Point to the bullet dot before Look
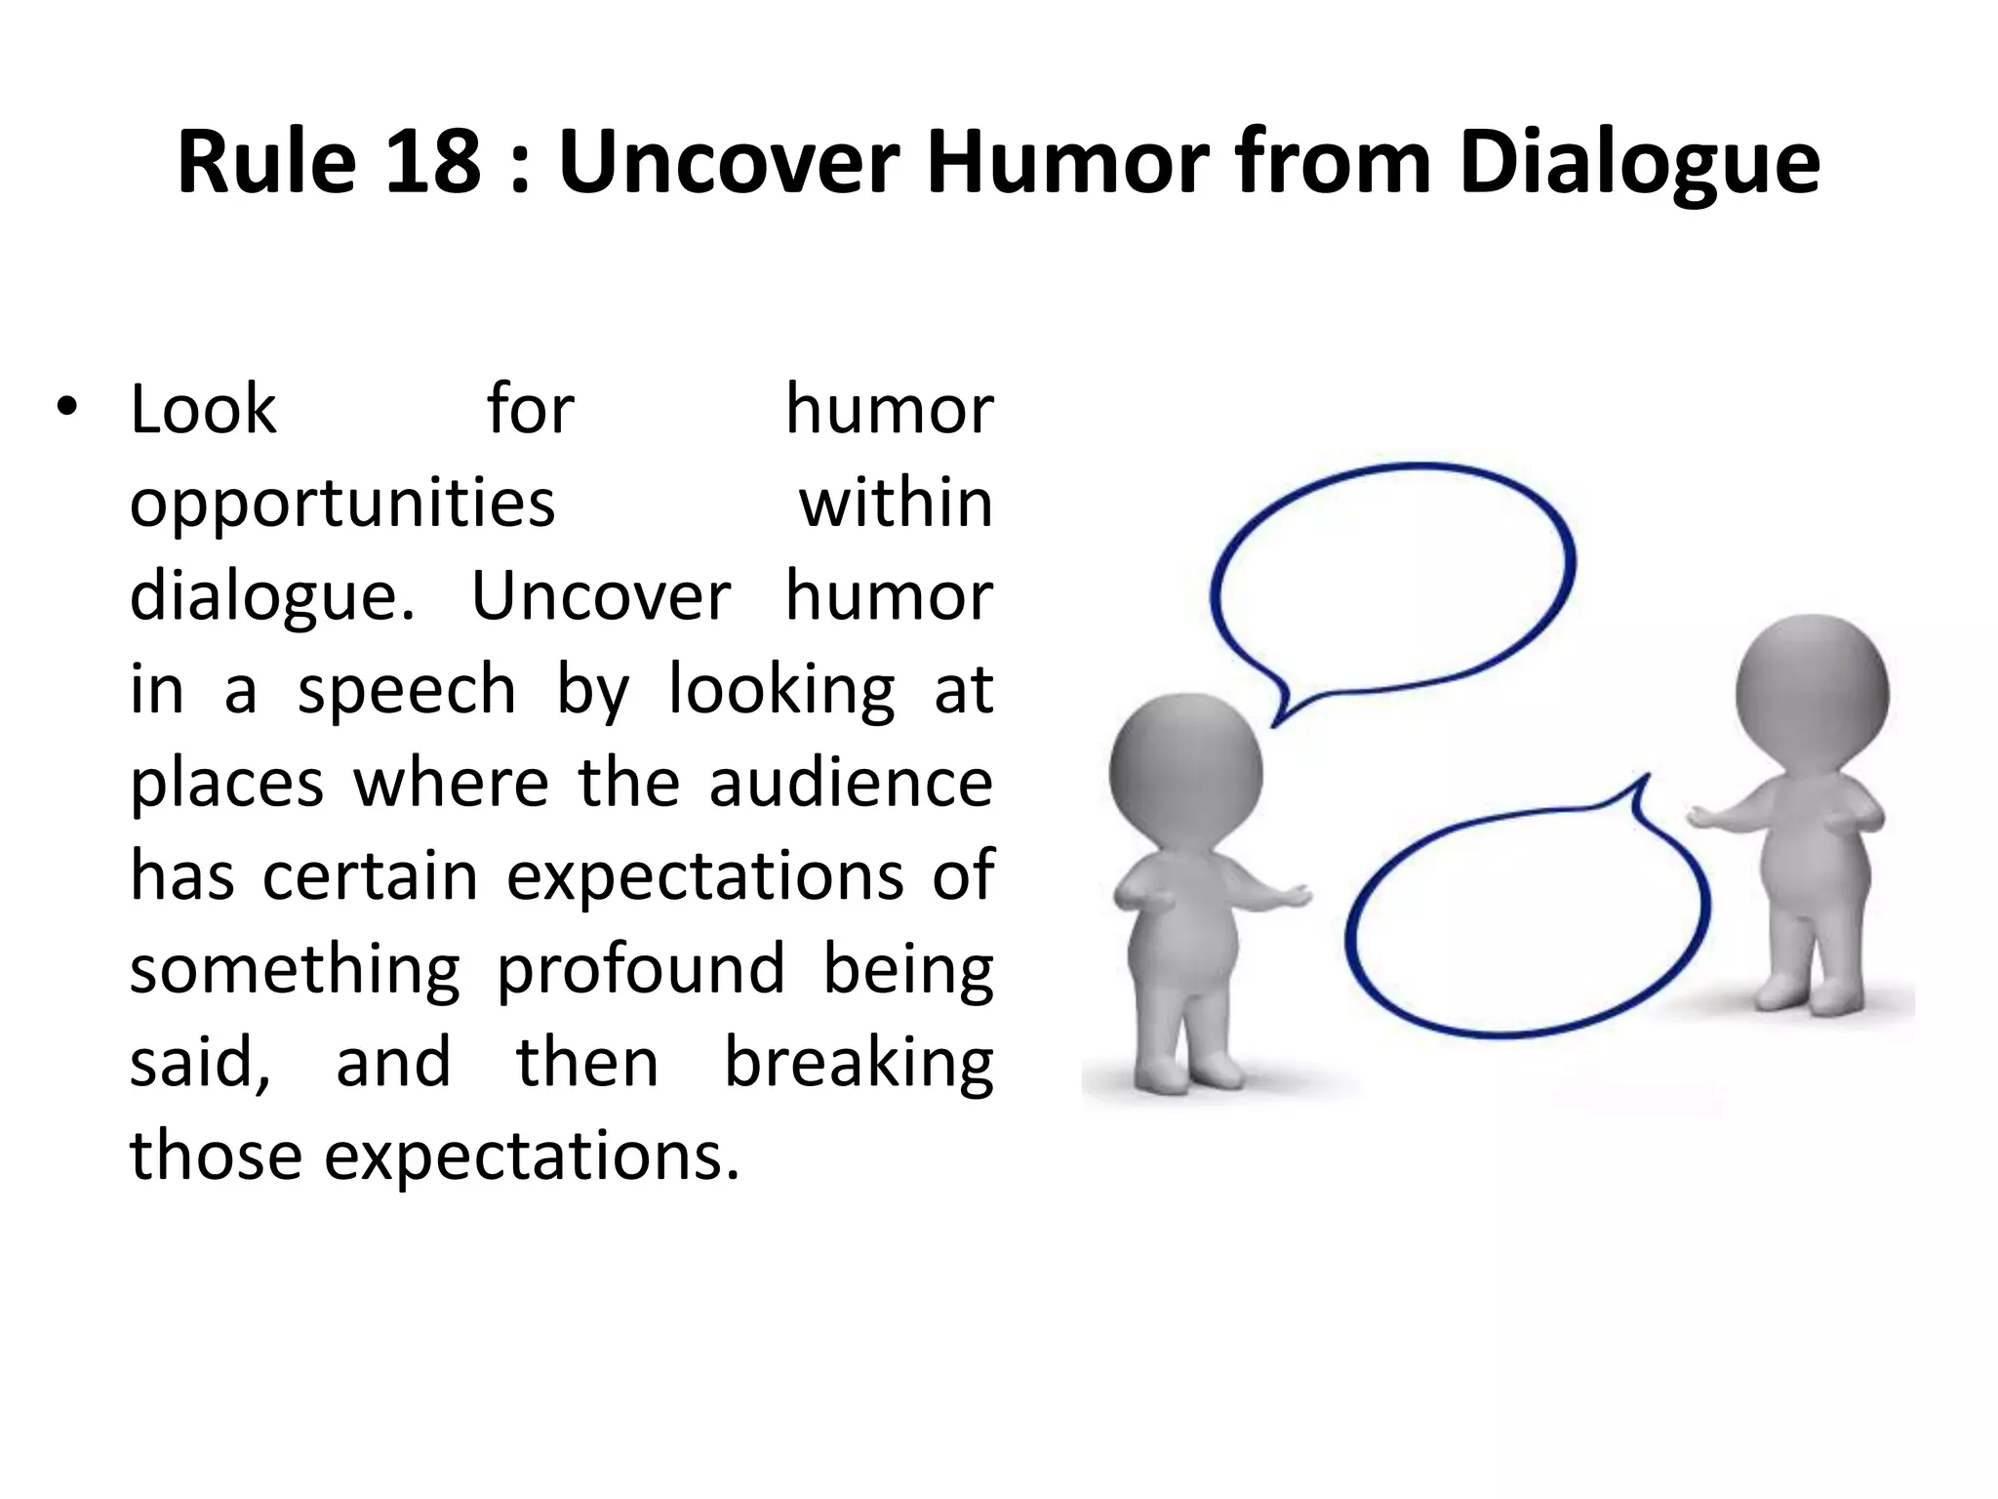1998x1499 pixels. pos(65,409)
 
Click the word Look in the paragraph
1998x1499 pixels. pos(203,409)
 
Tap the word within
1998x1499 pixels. pos(896,503)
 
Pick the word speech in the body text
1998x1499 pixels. pos(406,691)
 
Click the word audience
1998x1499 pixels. pos(851,783)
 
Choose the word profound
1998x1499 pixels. pos(640,971)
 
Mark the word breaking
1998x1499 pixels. pos(859,1064)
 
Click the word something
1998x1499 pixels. pos(295,971)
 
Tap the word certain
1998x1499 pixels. pos(371,875)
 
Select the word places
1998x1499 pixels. pos(226,785)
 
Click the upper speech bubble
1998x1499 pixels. pos(1393,576)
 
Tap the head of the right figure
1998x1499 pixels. pos(1813,693)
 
